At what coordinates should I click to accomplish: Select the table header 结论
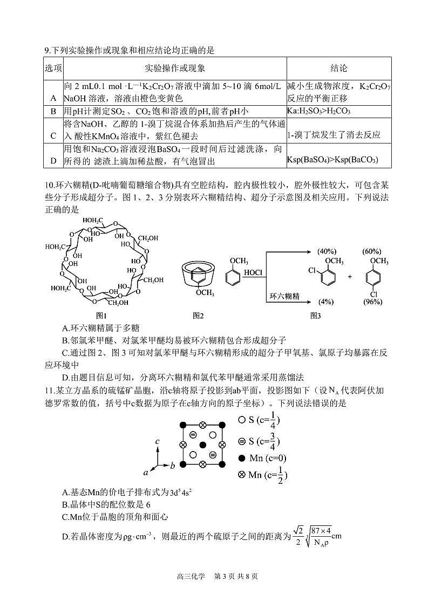click(x=338, y=69)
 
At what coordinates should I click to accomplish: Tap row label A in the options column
click(x=53, y=98)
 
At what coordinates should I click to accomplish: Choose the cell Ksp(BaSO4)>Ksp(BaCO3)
click(x=332, y=160)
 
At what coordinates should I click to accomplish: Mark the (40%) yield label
click(x=327, y=251)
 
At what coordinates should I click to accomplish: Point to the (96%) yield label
click(x=372, y=302)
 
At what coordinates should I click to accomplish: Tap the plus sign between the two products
click(x=350, y=276)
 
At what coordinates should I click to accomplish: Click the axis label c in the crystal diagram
click(x=157, y=441)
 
